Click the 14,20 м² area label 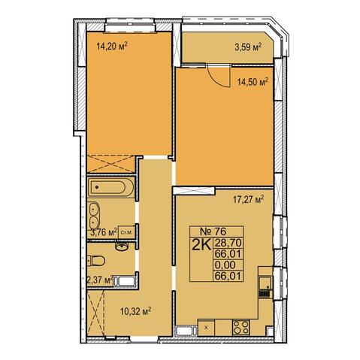pyautogui.click(x=113, y=46)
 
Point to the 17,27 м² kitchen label pyautogui.click(x=249, y=200)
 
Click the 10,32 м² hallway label pyautogui.click(x=135, y=311)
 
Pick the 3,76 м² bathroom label pyautogui.click(x=104, y=232)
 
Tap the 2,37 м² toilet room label pyautogui.click(x=100, y=280)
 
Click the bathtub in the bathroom pyautogui.click(x=110, y=186)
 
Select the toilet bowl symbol pyautogui.click(x=96, y=261)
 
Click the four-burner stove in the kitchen pyautogui.click(x=241, y=328)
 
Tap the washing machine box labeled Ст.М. pyautogui.click(x=126, y=232)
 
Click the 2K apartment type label pyautogui.click(x=201, y=245)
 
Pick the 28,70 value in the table pyautogui.click(x=228, y=243)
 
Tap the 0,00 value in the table pyautogui.click(x=225, y=265)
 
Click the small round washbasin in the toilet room pyautogui.click(x=122, y=246)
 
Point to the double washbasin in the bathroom pyautogui.click(x=94, y=216)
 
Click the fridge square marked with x pyautogui.click(x=206, y=328)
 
